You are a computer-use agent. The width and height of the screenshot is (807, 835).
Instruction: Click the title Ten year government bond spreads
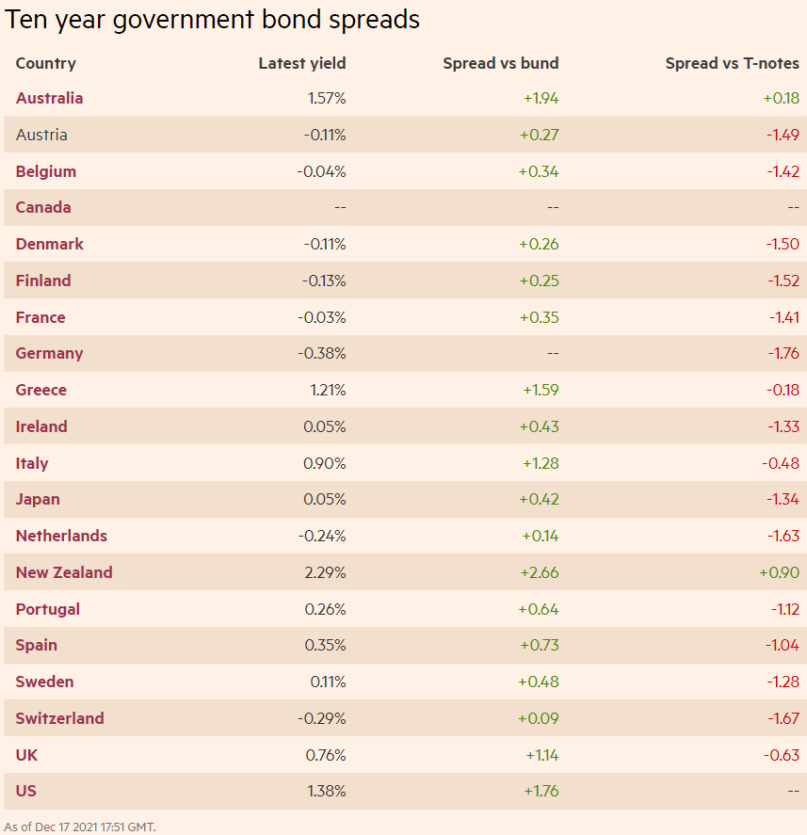(213, 20)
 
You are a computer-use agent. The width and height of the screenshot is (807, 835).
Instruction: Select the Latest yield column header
(302, 63)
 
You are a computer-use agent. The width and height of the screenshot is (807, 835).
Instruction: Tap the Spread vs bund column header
(500, 63)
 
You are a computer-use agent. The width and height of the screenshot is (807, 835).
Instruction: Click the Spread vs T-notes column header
(732, 63)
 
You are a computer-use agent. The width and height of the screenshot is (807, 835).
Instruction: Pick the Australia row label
(49, 98)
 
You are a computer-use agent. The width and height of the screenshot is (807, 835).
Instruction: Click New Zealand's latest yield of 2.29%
(325, 572)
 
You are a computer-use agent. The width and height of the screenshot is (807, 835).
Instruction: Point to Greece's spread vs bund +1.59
(539, 390)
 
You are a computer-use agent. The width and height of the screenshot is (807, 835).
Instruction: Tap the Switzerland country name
(59, 718)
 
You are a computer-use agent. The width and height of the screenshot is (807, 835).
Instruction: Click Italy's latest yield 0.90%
(325, 463)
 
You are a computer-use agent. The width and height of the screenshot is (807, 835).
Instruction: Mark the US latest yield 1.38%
(326, 791)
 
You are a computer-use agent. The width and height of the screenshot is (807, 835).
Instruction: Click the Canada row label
(43, 207)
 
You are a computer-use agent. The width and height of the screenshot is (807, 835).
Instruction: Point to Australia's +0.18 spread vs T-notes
(781, 98)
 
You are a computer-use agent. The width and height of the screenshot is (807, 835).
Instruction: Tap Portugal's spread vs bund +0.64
(538, 609)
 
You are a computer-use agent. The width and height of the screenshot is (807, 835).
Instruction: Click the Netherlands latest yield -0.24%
(322, 536)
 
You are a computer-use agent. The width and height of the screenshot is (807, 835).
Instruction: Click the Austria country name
(41, 135)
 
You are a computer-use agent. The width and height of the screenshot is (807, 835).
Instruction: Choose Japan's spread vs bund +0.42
(539, 499)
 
